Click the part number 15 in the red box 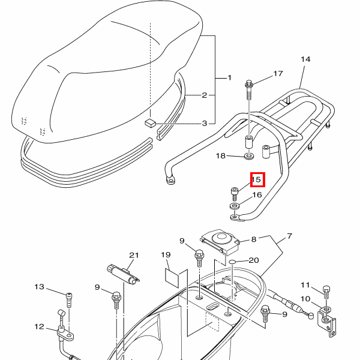coord(257,179)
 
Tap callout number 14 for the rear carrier coord(305,59)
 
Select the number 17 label coord(278,74)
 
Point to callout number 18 coord(221,156)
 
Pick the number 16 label coord(257,195)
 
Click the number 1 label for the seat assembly coord(228,79)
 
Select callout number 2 coord(204,95)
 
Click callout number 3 coord(204,124)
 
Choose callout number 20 coord(253,260)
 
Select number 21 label coord(134,255)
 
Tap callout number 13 coord(40,287)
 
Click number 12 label coord(40,326)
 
